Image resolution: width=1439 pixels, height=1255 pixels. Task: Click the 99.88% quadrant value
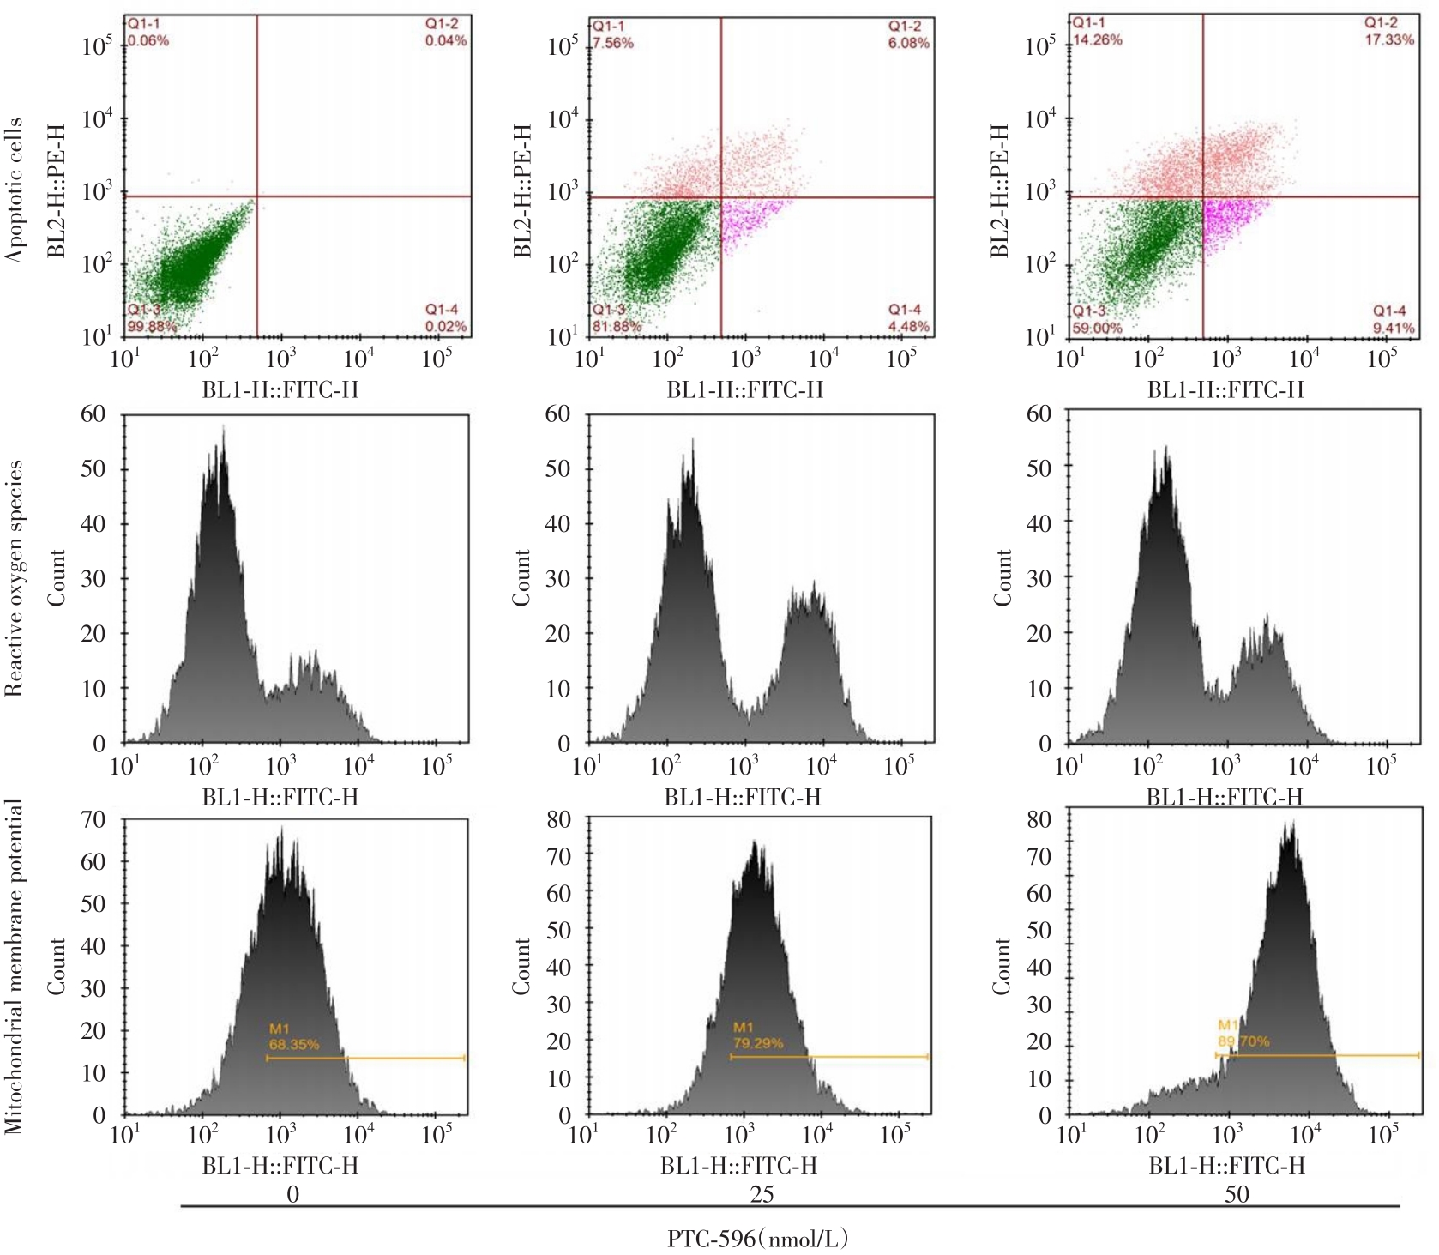(152, 326)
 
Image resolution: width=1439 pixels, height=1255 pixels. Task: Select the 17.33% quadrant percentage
(1389, 39)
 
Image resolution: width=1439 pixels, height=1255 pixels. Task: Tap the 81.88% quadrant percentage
(616, 326)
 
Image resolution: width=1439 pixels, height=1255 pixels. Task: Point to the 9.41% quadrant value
(1394, 327)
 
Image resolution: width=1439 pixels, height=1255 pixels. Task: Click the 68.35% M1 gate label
(294, 1044)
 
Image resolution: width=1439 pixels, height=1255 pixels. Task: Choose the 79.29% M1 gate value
(757, 1043)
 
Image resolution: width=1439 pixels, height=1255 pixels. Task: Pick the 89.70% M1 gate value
(1243, 1041)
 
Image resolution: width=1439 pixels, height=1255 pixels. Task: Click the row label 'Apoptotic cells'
(13, 190)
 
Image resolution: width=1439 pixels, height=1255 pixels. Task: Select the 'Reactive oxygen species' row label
(13, 579)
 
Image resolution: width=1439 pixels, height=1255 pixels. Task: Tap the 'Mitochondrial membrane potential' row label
(13, 967)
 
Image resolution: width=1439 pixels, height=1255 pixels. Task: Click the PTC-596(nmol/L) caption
(761, 1238)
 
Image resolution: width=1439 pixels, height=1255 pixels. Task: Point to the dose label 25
(762, 1194)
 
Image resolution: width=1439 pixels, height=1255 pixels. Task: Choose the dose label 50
(1237, 1194)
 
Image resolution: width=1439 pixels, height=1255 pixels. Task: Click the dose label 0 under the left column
(292, 1194)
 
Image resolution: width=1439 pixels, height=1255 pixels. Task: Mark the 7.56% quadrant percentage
(612, 43)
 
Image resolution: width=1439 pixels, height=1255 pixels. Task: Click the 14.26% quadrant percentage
(1097, 39)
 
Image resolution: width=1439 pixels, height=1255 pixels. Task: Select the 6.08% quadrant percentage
(908, 43)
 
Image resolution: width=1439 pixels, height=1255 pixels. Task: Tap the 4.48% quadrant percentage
(908, 326)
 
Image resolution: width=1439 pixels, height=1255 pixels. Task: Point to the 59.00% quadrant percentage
(1097, 328)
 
